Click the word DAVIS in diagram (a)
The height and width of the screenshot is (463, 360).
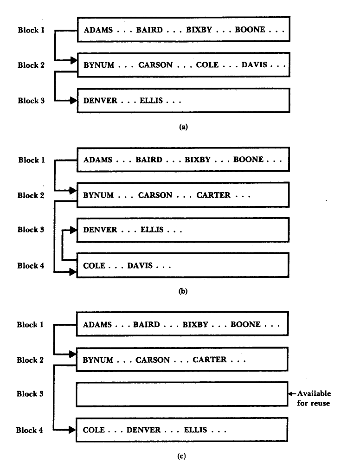click(x=254, y=65)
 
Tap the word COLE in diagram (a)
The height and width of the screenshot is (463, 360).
click(x=207, y=65)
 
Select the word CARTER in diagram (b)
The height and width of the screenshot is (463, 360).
click(x=213, y=195)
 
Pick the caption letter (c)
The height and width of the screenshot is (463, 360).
click(x=181, y=456)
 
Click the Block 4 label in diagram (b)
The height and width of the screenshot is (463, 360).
click(x=31, y=266)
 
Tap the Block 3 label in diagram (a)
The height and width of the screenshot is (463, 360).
click(x=31, y=100)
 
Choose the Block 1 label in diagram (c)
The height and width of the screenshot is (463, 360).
click(x=30, y=324)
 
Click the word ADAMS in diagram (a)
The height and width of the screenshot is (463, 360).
click(x=98, y=30)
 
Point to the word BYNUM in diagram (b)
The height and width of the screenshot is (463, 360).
click(x=98, y=195)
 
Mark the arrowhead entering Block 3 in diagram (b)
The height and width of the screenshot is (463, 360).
click(x=72, y=229)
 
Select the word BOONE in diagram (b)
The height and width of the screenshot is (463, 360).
click(x=248, y=160)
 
